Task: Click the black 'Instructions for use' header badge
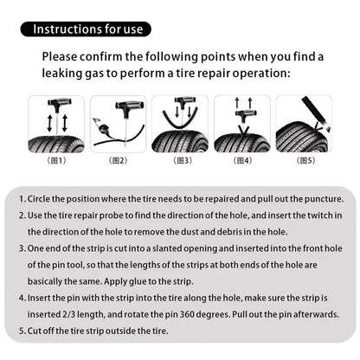pyautogui.click(x=88, y=29)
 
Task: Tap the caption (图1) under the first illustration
pyautogui.click(x=55, y=160)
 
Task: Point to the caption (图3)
pyautogui.click(x=182, y=160)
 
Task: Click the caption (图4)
pyautogui.click(x=244, y=160)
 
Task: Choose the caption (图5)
pyautogui.click(x=306, y=160)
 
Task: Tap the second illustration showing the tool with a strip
pyautogui.click(x=119, y=125)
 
